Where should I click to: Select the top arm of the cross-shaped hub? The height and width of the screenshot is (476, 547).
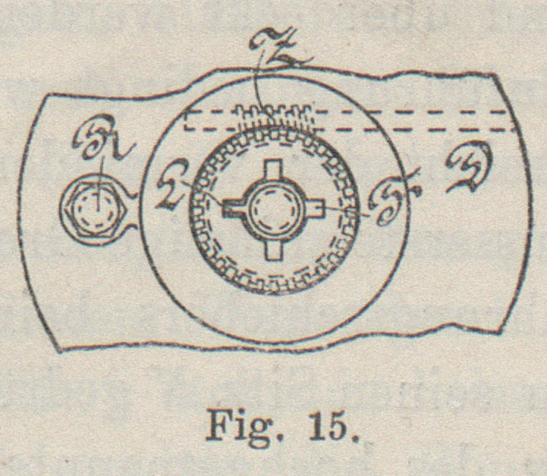[x=272, y=171]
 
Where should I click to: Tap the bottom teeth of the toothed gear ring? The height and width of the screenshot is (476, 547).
[x=273, y=285]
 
